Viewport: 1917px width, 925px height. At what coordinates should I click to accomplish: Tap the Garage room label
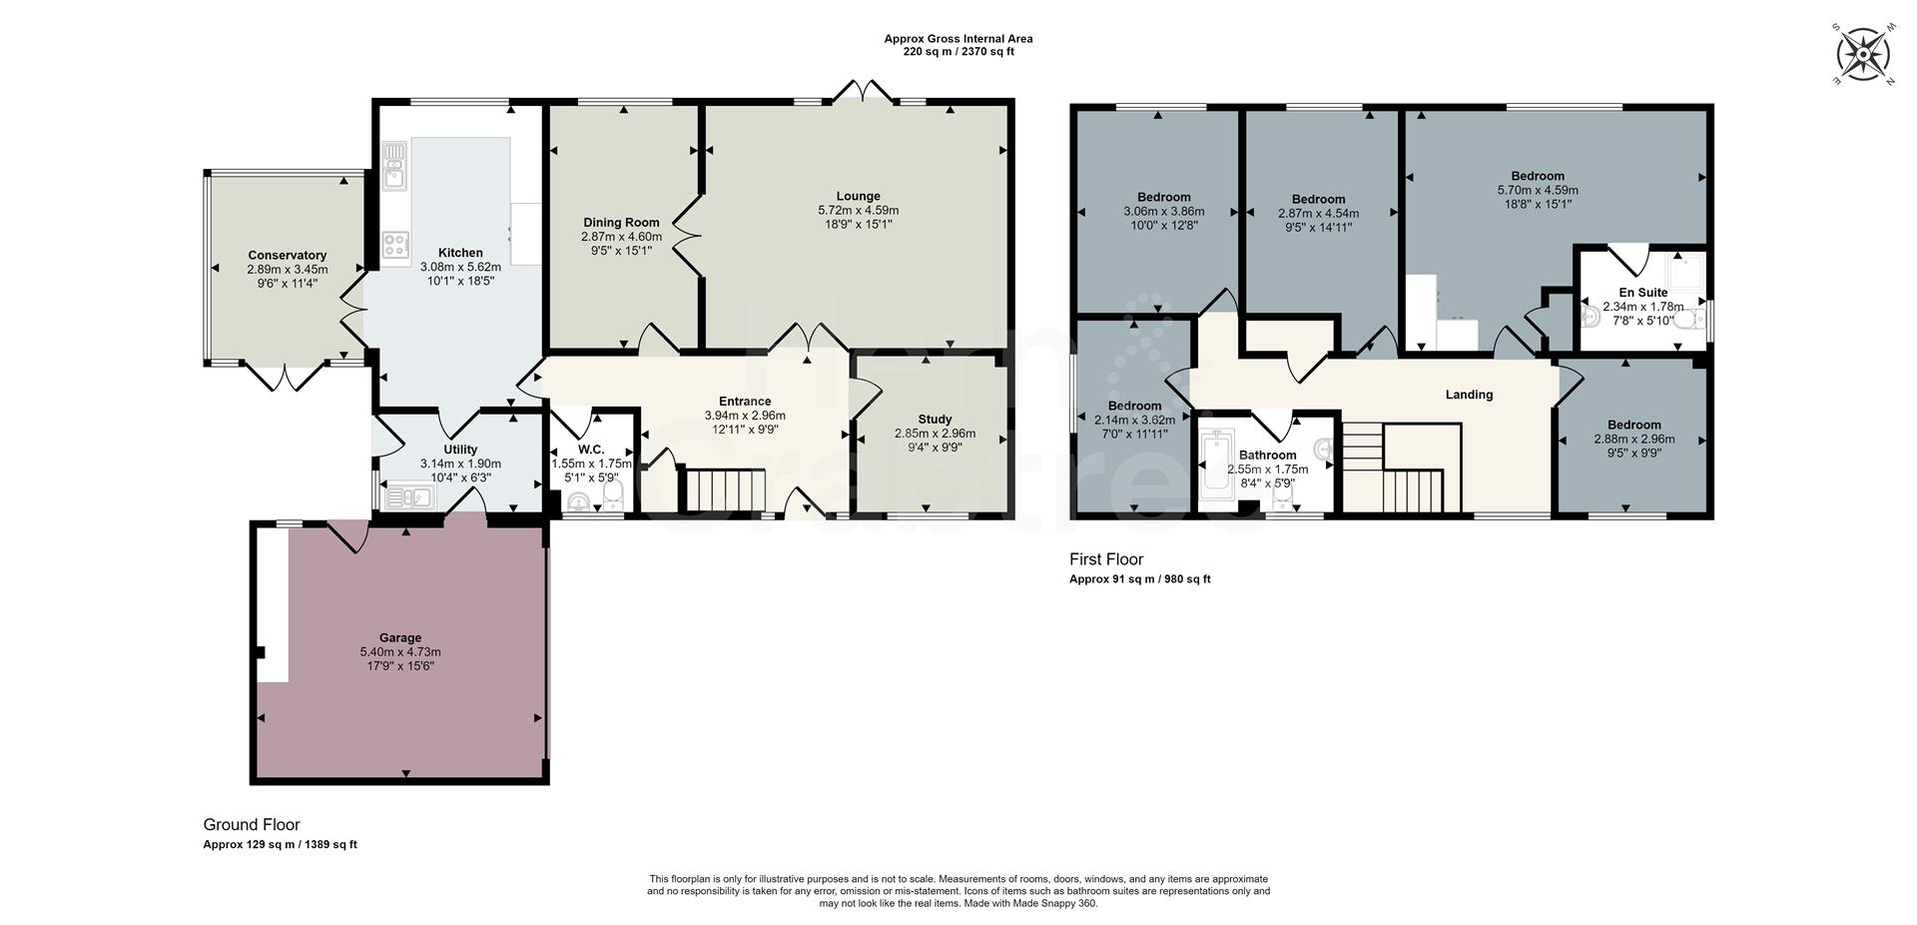click(399, 637)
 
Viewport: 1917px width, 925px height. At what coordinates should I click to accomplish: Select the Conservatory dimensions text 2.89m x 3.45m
click(288, 270)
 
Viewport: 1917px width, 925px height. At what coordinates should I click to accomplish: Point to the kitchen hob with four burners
click(395, 245)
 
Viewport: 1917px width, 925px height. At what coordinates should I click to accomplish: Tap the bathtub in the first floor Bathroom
click(1217, 462)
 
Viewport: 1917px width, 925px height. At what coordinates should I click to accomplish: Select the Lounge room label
click(858, 196)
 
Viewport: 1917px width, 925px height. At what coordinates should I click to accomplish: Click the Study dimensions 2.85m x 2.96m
click(935, 434)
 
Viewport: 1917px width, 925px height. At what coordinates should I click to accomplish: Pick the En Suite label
click(1642, 293)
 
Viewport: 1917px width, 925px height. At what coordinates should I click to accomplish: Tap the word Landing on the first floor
click(1469, 395)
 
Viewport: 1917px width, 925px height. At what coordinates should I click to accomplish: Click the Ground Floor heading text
click(252, 825)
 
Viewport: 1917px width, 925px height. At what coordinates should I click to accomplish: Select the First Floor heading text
click(1106, 559)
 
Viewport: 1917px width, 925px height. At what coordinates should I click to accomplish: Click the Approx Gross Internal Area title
click(958, 39)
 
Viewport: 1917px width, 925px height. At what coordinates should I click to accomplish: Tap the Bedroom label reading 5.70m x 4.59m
click(1537, 176)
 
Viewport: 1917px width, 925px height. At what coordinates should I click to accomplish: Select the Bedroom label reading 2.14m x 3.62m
click(1133, 406)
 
